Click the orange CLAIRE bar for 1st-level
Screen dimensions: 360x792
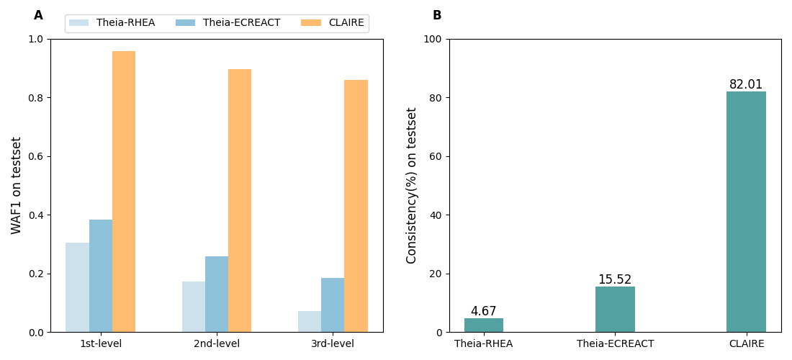pyautogui.click(x=124, y=192)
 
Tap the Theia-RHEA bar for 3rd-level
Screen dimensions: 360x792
pyautogui.click(x=310, y=321)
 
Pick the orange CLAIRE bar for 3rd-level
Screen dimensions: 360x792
pyautogui.click(x=356, y=206)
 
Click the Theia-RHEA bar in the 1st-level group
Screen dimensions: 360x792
pyautogui.click(x=78, y=287)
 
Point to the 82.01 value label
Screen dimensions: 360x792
pyautogui.click(x=746, y=84)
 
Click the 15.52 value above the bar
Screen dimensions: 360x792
pyautogui.click(x=615, y=279)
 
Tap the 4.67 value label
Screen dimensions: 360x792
pyautogui.click(x=484, y=311)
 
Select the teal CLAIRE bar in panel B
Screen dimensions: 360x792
pyautogui.click(x=746, y=212)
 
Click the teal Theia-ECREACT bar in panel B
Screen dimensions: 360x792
pyautogui.click(x=615, y=310)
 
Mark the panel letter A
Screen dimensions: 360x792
pyautogui.click(x=38, y=15)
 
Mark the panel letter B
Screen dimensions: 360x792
pyautogui.click(x=437, y=15)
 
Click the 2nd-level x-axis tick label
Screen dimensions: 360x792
pyautogui.click(x=217, y=344)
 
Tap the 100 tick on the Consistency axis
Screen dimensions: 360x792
pyautogui.click(x=432, y=39)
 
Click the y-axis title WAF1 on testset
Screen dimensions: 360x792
pyautogui.click(x=17, y=185)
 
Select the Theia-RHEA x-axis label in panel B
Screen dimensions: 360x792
pyautogui.click(x=484, y=344)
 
